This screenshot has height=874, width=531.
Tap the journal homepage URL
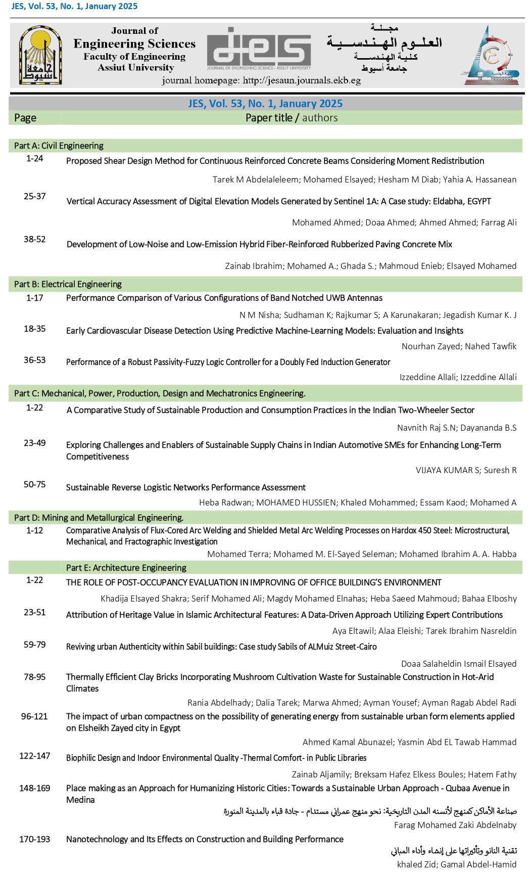[261, 80]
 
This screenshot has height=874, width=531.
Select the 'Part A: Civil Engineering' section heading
[59, 146]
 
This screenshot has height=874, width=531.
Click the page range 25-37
[35, 196]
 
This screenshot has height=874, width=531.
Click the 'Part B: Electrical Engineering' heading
[68, 284]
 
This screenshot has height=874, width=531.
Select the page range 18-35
[35, 329]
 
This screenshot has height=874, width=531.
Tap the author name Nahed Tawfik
[491, 346]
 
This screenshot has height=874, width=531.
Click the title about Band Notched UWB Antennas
[224, 298]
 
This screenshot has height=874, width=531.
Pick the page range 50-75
[35, 484]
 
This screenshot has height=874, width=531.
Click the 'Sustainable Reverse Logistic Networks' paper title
[185, 487]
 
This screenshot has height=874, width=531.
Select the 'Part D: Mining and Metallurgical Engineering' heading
[99, 518]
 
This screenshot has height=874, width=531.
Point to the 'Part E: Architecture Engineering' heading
[126, 568]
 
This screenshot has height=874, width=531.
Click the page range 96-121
[34, 716]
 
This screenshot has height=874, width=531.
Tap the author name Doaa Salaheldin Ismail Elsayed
[458, 664]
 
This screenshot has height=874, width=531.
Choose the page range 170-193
[34, 839]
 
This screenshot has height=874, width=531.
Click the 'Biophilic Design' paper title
[216, 758]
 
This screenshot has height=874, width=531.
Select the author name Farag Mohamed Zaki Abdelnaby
[455, 825]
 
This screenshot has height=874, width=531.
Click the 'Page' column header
[25, 118]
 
